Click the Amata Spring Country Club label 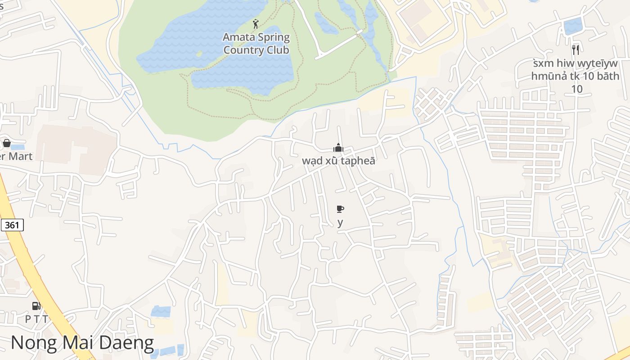256,44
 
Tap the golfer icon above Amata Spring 256,24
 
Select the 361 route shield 12,225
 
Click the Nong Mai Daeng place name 82,342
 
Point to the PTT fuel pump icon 36,306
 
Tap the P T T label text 36,319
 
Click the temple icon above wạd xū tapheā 338,148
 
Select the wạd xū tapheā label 338,161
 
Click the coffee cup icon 340,209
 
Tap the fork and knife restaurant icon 575,49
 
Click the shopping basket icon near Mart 7,144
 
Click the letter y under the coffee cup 340,222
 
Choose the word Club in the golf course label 278,50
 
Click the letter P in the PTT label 27,319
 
